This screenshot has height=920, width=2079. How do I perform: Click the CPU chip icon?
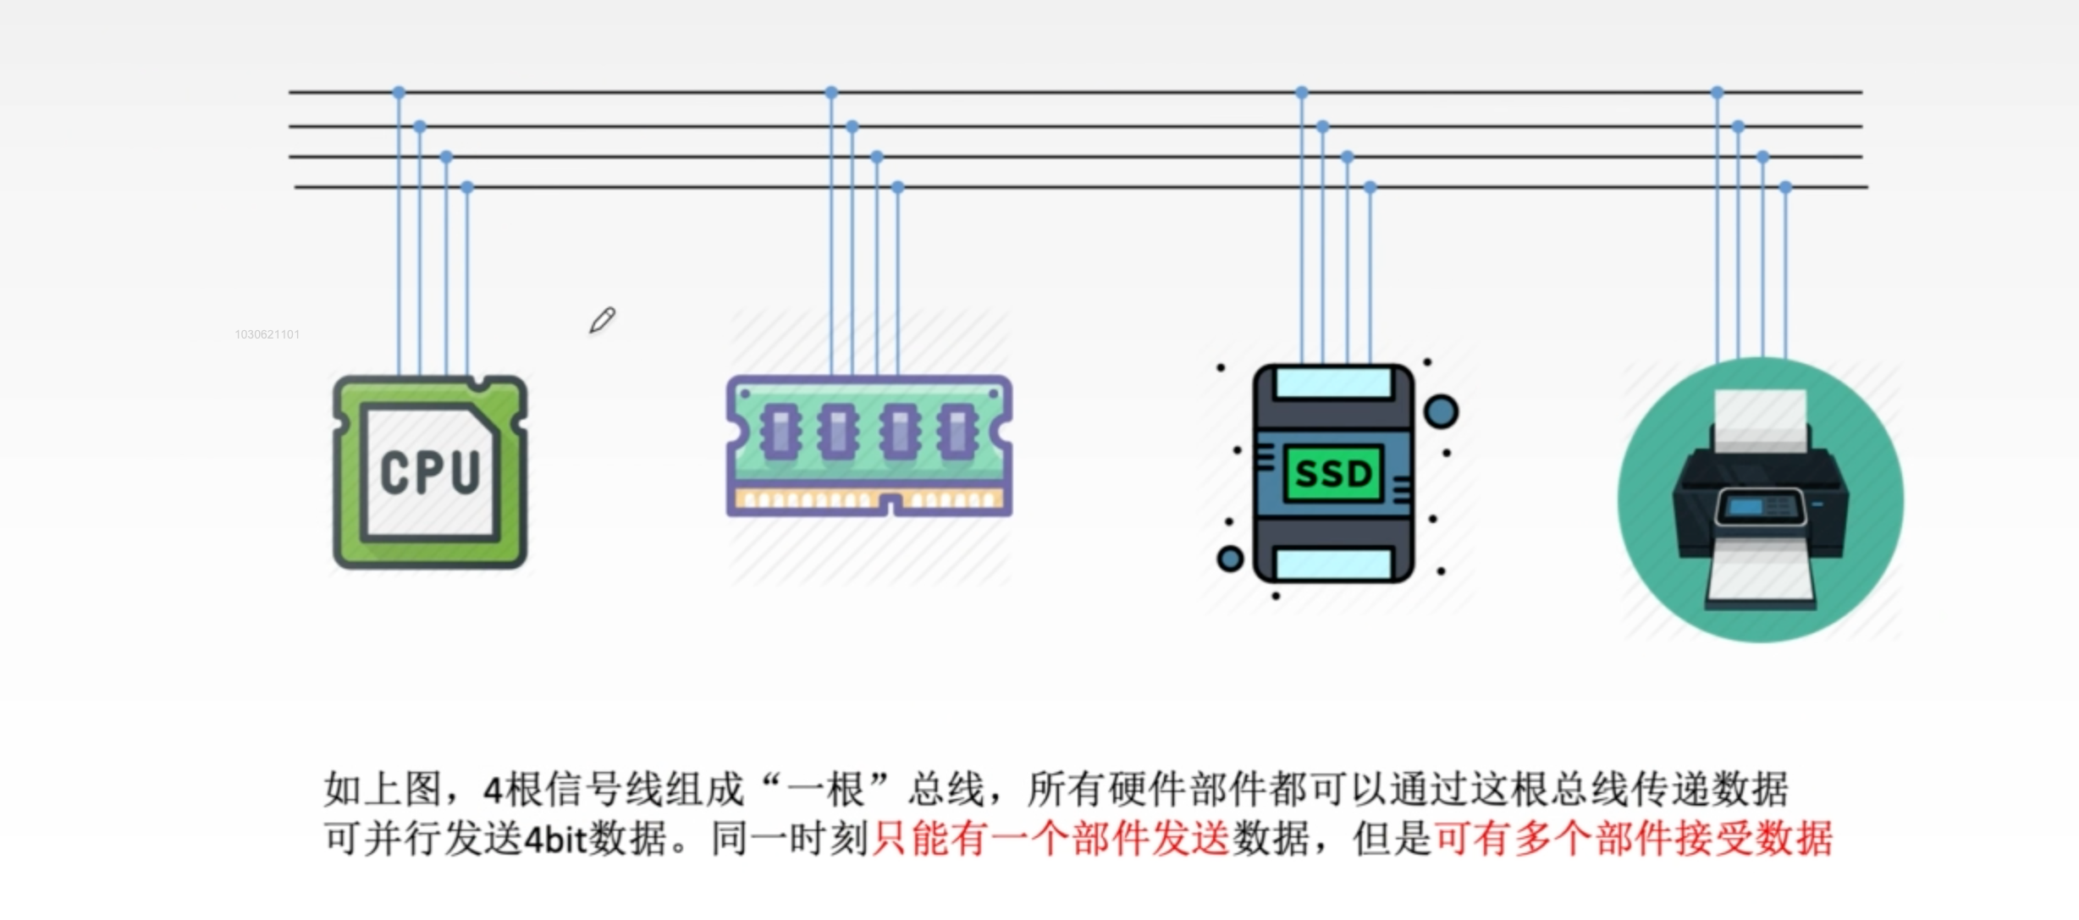430,472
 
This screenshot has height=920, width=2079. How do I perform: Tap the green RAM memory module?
869,446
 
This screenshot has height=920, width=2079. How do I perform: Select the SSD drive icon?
1333,474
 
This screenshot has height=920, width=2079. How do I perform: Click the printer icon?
1761,499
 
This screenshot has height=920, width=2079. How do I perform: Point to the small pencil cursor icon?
602,320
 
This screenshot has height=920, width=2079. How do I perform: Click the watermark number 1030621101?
267,334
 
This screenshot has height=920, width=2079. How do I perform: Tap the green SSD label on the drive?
1333,473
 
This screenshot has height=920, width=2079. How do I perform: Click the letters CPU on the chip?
430,471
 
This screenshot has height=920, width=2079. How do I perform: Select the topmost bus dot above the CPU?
399,92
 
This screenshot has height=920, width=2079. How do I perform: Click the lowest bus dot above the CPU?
467,187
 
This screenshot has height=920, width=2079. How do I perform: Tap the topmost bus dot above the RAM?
831,92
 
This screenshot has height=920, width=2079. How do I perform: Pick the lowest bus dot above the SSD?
1370,187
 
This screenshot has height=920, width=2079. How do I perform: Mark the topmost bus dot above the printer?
1717,92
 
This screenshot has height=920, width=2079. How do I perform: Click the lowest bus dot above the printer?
1785,187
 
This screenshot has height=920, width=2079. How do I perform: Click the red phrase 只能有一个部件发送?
1051,839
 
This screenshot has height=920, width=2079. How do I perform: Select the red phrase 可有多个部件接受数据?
1634,839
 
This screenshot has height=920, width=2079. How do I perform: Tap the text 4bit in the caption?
555,840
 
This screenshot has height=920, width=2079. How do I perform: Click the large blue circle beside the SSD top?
1441,412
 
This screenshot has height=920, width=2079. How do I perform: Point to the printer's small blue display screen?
1745,507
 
